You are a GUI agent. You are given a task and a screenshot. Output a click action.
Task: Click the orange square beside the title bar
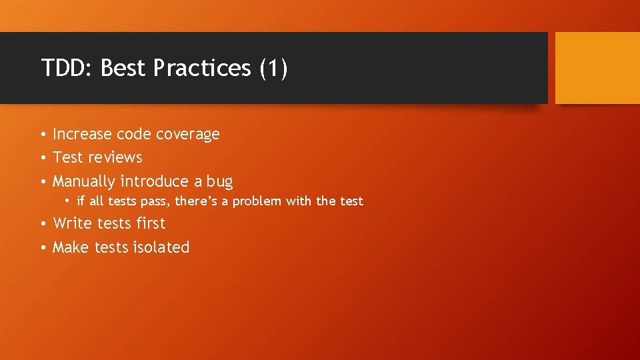point(597,68)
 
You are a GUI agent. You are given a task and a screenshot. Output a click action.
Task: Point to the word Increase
point(82,135)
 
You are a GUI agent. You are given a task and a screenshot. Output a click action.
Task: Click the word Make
point(71,247)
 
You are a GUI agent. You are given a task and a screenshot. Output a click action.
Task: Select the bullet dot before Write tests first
point(42,224)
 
